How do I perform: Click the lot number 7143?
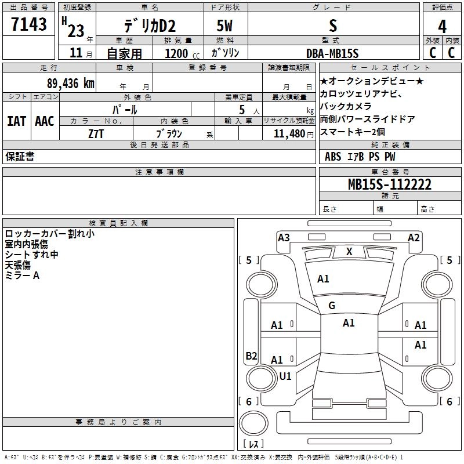[28, 25]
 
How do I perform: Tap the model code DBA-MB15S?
[332, 53]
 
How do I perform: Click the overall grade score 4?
[442, 27]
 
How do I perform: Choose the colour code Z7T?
[96, 133]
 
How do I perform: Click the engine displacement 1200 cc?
[177, 53]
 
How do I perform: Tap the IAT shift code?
[16, 121]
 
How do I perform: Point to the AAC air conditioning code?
[44, 121]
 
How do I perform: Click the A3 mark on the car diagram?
[284, 237]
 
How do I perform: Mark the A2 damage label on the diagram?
[414, 237]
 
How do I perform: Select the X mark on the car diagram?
[349, 252]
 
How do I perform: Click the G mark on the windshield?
[332, 306]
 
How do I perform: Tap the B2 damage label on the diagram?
[251, 356]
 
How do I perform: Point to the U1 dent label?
[285, 376]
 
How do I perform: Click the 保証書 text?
[20, 157]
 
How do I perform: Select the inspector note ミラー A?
[22, 275]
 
